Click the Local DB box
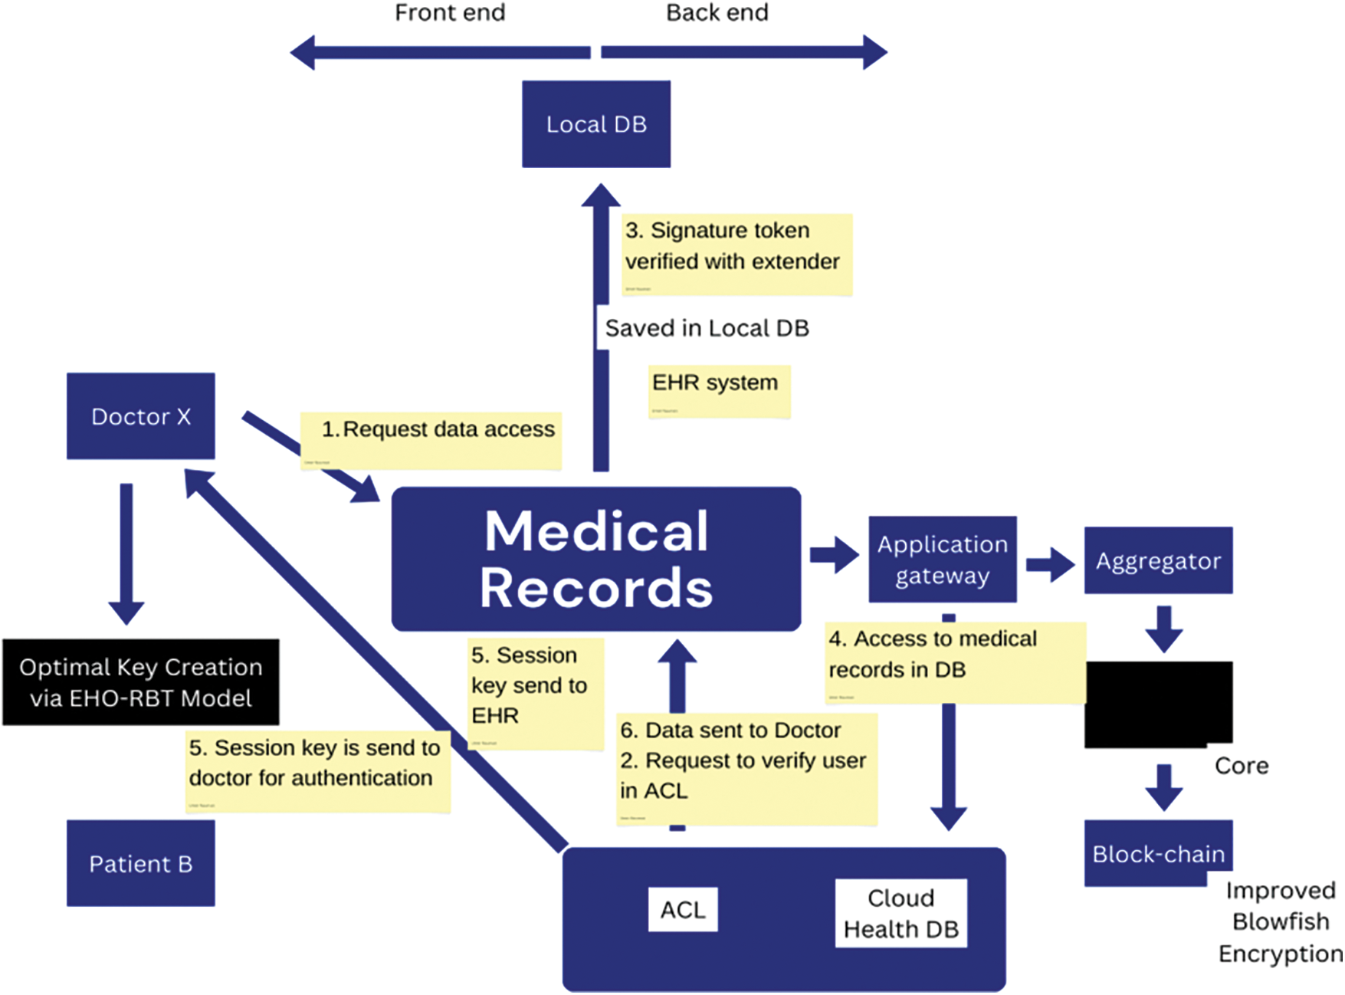pyautogui.click(x=596, y=124)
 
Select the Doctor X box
pyautogui.click(x=141, y=416)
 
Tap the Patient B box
pyautogui.click(x=141, y=863)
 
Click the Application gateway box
pyautogui.click(x=943, y=560)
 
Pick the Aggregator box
pyautogui.click(x=1158, y=560)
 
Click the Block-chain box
pyautogui.click(x=1158, y=853)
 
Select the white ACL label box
pyautogui.click(x=683, y=910)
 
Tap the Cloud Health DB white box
pyautogui.click(x=901, y=913)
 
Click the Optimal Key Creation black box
pyautogui.click(x=141, y=682)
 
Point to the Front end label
pyautogui.click(x=450, y=13)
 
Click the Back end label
pyautogui.click(x=717, y=13)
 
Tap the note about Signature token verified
pyautogui.click(x=736, y=254)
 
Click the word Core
pyautogui.click(x=1242, y=765)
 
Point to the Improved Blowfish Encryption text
pyautogui.click(x=1280, y=922)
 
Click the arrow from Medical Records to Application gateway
pyautogui.click(x=834, y=554)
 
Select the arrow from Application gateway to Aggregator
pyautogui.click(x=1050, y=565)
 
